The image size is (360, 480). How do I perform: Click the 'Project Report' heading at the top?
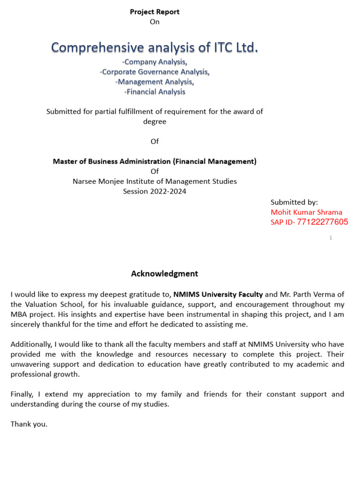(155, 12)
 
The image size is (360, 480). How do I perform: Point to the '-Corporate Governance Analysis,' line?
(155, 72)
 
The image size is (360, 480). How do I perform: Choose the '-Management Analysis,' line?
(155, 82)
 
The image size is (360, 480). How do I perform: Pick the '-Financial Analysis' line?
(155, 92)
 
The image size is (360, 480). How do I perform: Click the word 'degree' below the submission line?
(155, 121)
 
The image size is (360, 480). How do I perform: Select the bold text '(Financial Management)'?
(215, 161)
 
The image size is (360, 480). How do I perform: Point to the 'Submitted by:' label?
(294, 202)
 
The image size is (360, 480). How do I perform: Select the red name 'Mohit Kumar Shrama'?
(307, 212)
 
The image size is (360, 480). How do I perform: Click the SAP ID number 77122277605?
(322, 222)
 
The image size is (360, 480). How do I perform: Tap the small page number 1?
(330, 238)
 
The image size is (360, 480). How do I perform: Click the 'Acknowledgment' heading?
(165, 274)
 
